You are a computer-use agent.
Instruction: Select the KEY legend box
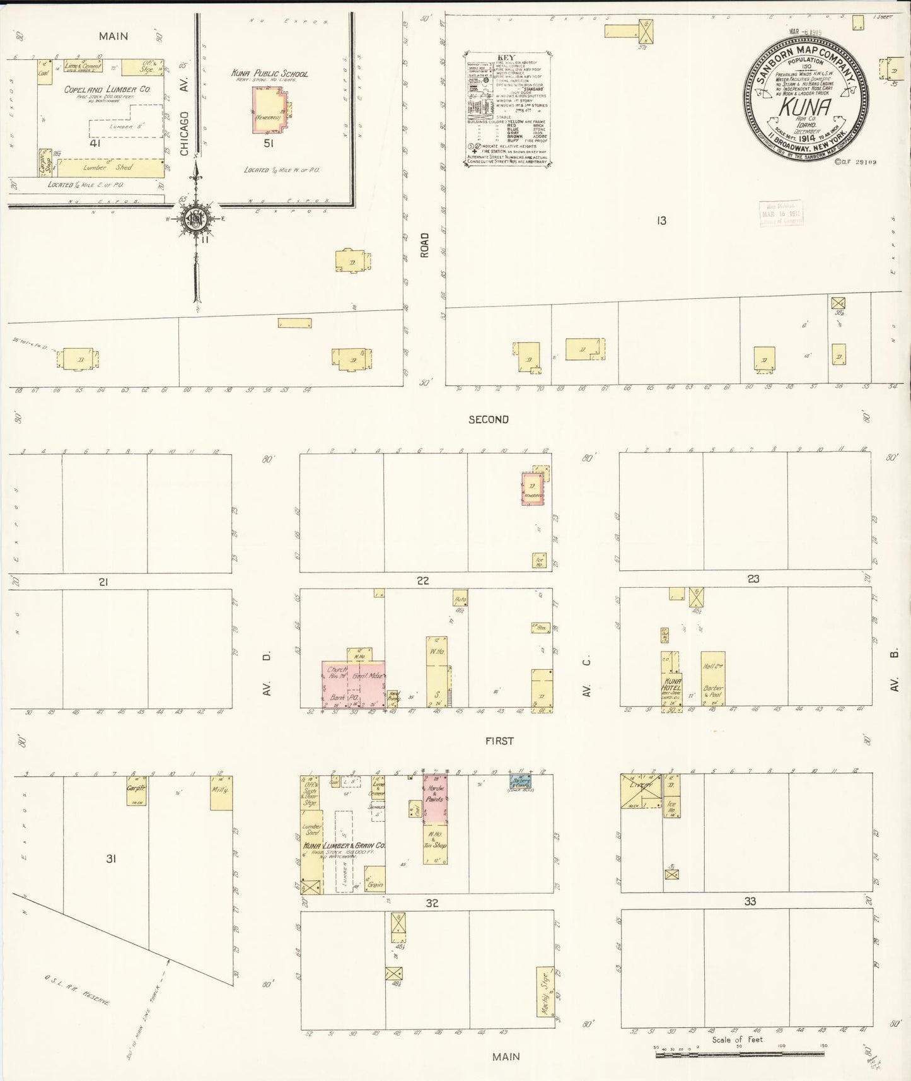pyautogui.click(x=508, y=109)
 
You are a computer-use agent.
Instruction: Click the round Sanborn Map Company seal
pyautogui.click(x=805, y=98)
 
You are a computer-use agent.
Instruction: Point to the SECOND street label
pyautogui.click(x=488, y=419)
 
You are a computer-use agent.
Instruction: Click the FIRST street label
pyautogui.click(x=499, y=741)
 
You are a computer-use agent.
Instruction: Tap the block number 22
pyautogui.click(x=422, y=581)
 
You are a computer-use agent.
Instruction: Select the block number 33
pyautogui.click(x=750, y=901)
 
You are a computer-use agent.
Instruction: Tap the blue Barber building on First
pyautogui.click(x=520, y=782)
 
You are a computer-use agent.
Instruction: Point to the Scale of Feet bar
pyautogui.click(x=739, y=1053)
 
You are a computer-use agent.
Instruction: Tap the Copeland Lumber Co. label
pyautogui.click(x=107, y=90)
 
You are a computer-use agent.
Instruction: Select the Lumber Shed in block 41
pyautogui.click(x=111, y=168)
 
